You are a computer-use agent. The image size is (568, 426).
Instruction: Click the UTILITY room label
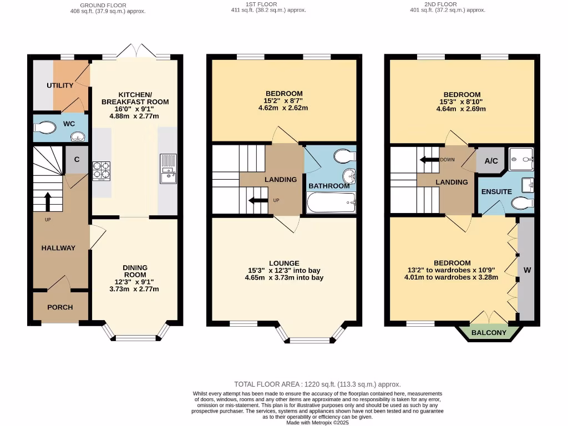coord(60,85)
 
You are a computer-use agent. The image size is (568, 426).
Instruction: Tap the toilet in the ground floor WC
coord(44,128)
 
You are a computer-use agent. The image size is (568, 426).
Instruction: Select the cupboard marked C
coord(77,160)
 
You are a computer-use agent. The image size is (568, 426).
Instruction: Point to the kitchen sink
coord(168,169)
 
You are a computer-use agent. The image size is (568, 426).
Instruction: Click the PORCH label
coord(60,307)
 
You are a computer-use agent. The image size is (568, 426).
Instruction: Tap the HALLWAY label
coord(58,248)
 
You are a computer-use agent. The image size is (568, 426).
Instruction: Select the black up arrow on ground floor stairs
coord(47,201)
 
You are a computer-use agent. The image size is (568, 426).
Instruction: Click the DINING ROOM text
coord(135,271)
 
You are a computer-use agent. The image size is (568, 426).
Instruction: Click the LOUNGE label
coord(284,263)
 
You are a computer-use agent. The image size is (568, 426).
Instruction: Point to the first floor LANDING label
coord(280,180)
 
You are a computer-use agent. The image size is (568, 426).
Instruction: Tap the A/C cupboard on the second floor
coord(491,161)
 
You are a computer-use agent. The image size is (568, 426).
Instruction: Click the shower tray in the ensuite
coord(521,159)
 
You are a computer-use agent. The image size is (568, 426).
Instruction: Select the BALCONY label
coord(489,333)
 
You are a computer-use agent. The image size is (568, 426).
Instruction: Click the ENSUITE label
coord(496,192)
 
